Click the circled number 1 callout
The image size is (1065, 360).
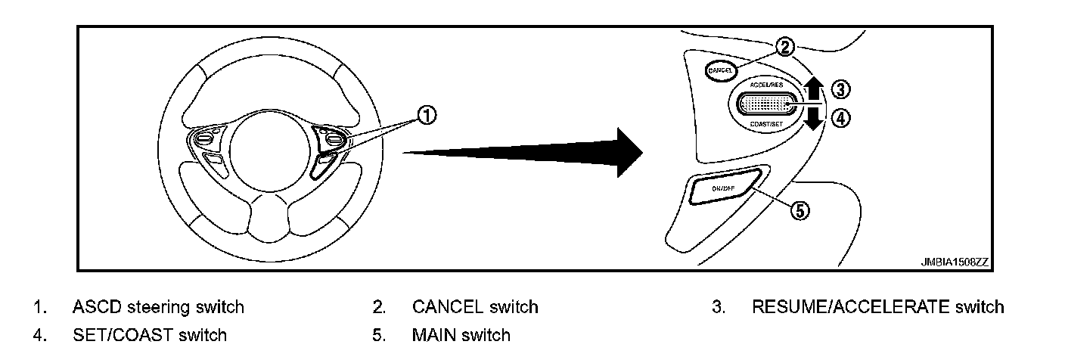click(x=428, y=115)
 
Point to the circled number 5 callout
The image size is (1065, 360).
click(x=799, y=211)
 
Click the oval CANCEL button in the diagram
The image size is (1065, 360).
click(x=720, y=70)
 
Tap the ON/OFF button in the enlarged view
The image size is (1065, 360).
click(x=724, y=187)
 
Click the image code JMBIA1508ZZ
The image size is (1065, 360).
click(x=954, y=262)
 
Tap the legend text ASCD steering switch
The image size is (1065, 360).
click(x=158, y=307)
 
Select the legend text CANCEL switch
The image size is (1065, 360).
click(x=475, y=307)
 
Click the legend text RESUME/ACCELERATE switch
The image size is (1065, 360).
click(x=877, y=307)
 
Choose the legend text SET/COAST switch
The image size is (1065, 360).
click(x=149, y=334)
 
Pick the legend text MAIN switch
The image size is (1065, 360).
click(x=461, y=334)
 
